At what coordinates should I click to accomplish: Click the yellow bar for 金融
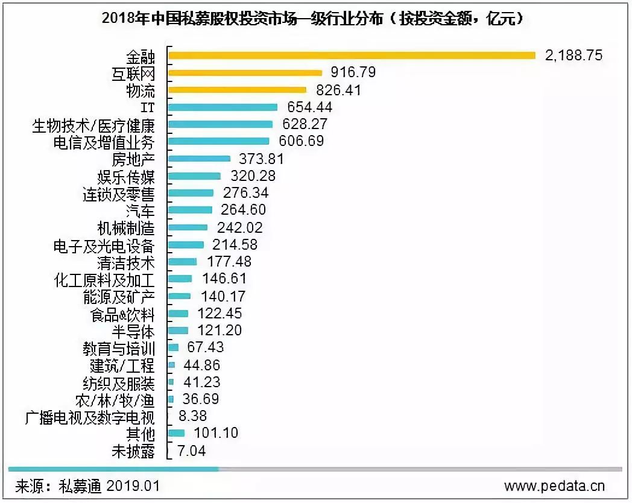[352, 55]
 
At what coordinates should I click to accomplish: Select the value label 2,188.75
[574, 55]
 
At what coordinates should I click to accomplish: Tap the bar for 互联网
[245, 73]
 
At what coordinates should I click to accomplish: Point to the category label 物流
[141, 91]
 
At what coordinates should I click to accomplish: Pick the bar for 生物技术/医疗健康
[220, 124]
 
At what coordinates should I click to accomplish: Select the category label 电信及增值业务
[104, 142]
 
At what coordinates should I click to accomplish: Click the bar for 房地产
[199, 159]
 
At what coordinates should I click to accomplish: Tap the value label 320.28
[253, 176]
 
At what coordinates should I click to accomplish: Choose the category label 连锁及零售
[118, 194]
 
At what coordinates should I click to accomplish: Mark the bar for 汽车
[190, 210]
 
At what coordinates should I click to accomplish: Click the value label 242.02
[237, 228]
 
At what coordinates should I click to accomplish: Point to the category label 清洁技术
[126, 263]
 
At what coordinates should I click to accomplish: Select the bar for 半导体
[178, 331]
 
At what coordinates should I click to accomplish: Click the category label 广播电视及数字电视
[90, 417]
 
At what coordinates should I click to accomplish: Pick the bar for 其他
[176, 433]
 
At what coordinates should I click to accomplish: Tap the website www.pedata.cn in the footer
[554, 486]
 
